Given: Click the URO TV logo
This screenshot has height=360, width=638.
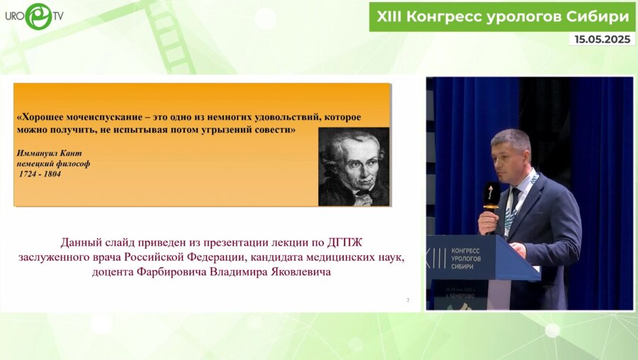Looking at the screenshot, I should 33,16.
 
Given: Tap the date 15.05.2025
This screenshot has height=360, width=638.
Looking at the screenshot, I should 603,40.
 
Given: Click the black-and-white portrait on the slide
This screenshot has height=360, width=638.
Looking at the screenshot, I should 353,167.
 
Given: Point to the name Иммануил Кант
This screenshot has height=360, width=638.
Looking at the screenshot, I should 47,153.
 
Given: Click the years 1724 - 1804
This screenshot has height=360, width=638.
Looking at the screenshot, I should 40,174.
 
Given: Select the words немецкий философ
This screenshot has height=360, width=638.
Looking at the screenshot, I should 53,164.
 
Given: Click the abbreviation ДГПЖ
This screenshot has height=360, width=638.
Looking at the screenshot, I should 352,243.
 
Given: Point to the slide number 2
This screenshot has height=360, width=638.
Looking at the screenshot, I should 408,300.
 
